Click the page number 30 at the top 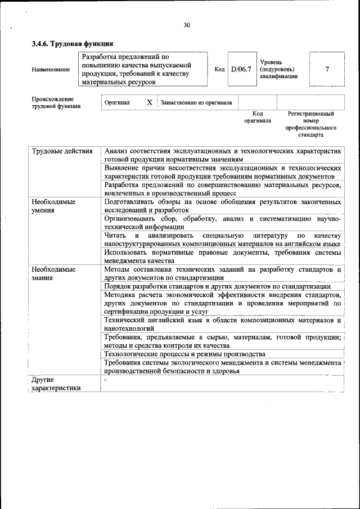(187, 25)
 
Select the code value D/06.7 (241, 69)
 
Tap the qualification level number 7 (327, 69)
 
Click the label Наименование (51, 70)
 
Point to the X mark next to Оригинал (149, 103)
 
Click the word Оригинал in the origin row (117, 103)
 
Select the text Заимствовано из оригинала (192, 103)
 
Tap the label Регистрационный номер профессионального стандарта (310, 124)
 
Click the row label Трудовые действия (62, 151)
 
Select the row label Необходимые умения (54, 205)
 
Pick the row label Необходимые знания (54, 273)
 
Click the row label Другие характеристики (56, 384)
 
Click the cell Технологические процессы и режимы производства (184, 354)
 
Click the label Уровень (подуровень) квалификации (278, 69)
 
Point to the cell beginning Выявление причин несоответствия (223, 172)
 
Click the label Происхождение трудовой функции (56, 102)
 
